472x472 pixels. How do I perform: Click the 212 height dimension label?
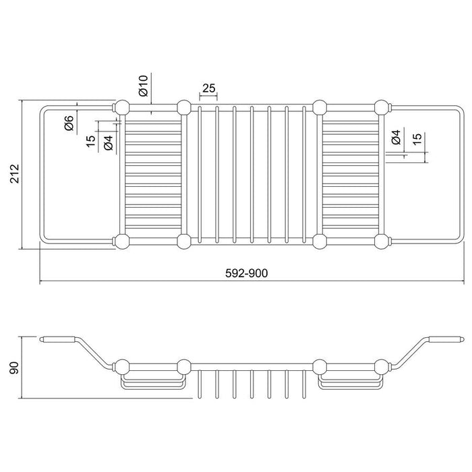point(15,174)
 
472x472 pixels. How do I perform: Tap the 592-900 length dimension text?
point(246,273)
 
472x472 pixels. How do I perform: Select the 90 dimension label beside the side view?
point(14,368)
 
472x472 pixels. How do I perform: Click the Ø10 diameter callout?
point(144,86)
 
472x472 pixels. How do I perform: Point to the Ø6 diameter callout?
point(69,123)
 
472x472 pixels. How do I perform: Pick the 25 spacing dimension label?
point(208,88)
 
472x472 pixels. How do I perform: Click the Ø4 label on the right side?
point(396,137)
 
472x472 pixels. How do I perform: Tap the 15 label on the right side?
point(417,138)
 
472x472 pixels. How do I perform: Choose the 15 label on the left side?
point(90,141)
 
